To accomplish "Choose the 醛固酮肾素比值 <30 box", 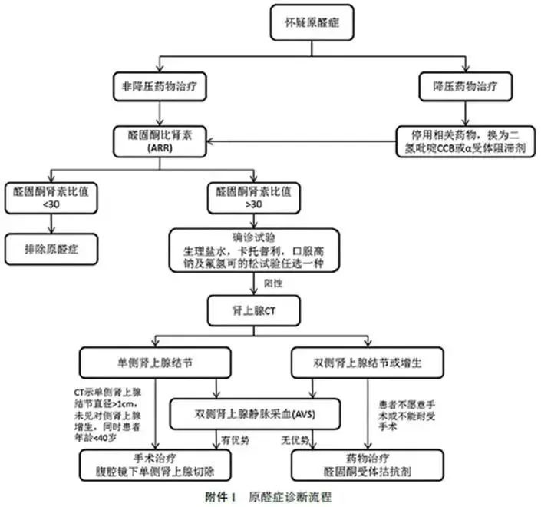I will (51, 198).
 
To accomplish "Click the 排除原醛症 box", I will (51, 249).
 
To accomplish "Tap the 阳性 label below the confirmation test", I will (272, 283).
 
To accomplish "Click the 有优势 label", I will (230, 440).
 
